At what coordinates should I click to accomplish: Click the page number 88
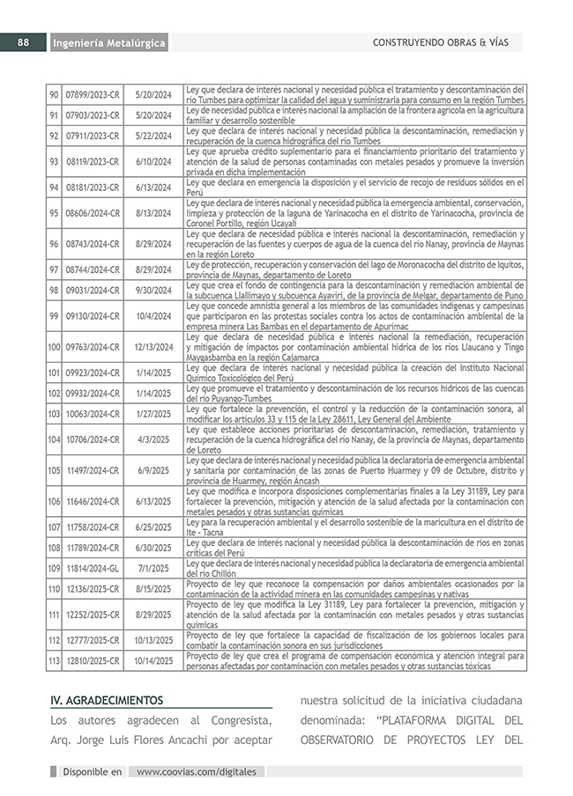(x=24, y=42)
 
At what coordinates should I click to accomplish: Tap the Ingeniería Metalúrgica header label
(x=108, y=43)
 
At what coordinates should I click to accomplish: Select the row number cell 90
(x=54, y=95)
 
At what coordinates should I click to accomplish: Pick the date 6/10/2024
(x=153, y=162)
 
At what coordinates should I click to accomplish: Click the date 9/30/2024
(x=153, y=290)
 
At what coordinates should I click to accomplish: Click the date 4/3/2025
(x=153, y=439)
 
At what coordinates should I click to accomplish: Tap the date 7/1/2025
(x=153, y=569)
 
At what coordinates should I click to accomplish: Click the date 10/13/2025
(x=153, y=640)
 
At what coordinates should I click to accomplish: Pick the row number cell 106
(x=54, y=501)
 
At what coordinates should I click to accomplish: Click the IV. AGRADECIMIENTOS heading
(x=107, y=701)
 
